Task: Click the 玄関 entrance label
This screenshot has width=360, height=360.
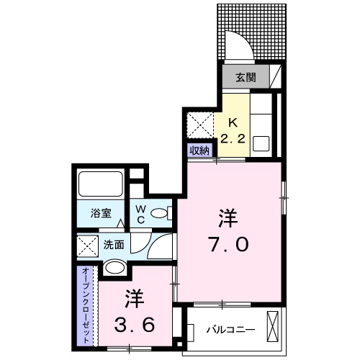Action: pyautogui.click(x=237, y=74)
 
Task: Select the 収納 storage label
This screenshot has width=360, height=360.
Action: pyautogui.click(x=199, y=150)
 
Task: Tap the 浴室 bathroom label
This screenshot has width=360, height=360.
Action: pyautogui.click(x=100, y=214)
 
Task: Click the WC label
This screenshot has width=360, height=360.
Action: pyautogui.click(x=143, y=214)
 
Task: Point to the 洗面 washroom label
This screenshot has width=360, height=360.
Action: pyautogui.click(x=114, y=245)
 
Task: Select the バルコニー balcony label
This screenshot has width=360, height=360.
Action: pyautogui.click(x=230, y=330)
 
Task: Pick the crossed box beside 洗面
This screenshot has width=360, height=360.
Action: pyautogui.click(x=87, y=246)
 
